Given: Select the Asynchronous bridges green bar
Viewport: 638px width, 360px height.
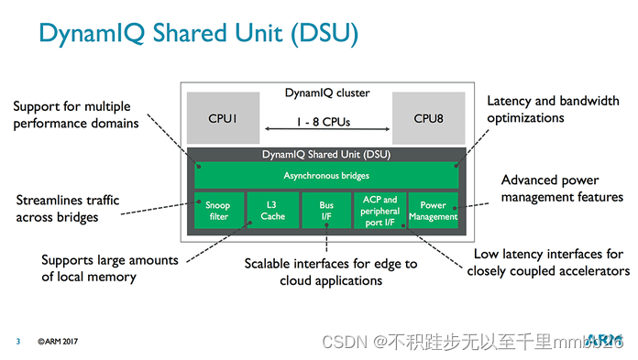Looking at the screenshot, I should click(x=326, y=174).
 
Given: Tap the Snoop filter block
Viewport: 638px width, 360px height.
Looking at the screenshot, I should click(x=218, y=210).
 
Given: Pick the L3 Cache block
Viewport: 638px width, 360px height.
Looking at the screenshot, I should click(x=271, y=210).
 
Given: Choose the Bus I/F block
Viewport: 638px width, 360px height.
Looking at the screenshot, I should click(x=326, y=210).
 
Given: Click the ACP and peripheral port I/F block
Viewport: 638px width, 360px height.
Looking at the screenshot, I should click(x=379, y=210).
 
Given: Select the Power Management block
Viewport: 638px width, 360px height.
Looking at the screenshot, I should click(x=433, y=210).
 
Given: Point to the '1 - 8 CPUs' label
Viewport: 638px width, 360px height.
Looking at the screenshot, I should click(x=323, y=120).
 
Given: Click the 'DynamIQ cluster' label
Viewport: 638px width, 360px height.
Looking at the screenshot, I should click(x=325, y=93).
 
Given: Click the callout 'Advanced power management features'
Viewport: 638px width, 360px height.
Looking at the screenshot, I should click(x=562, y=188).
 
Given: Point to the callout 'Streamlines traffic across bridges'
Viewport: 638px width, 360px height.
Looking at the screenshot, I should click(x=70, y=209).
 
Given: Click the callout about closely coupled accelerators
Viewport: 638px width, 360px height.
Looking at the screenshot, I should click(x=548, y=262).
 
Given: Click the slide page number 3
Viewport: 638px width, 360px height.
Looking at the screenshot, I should click(x=17, y=342).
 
